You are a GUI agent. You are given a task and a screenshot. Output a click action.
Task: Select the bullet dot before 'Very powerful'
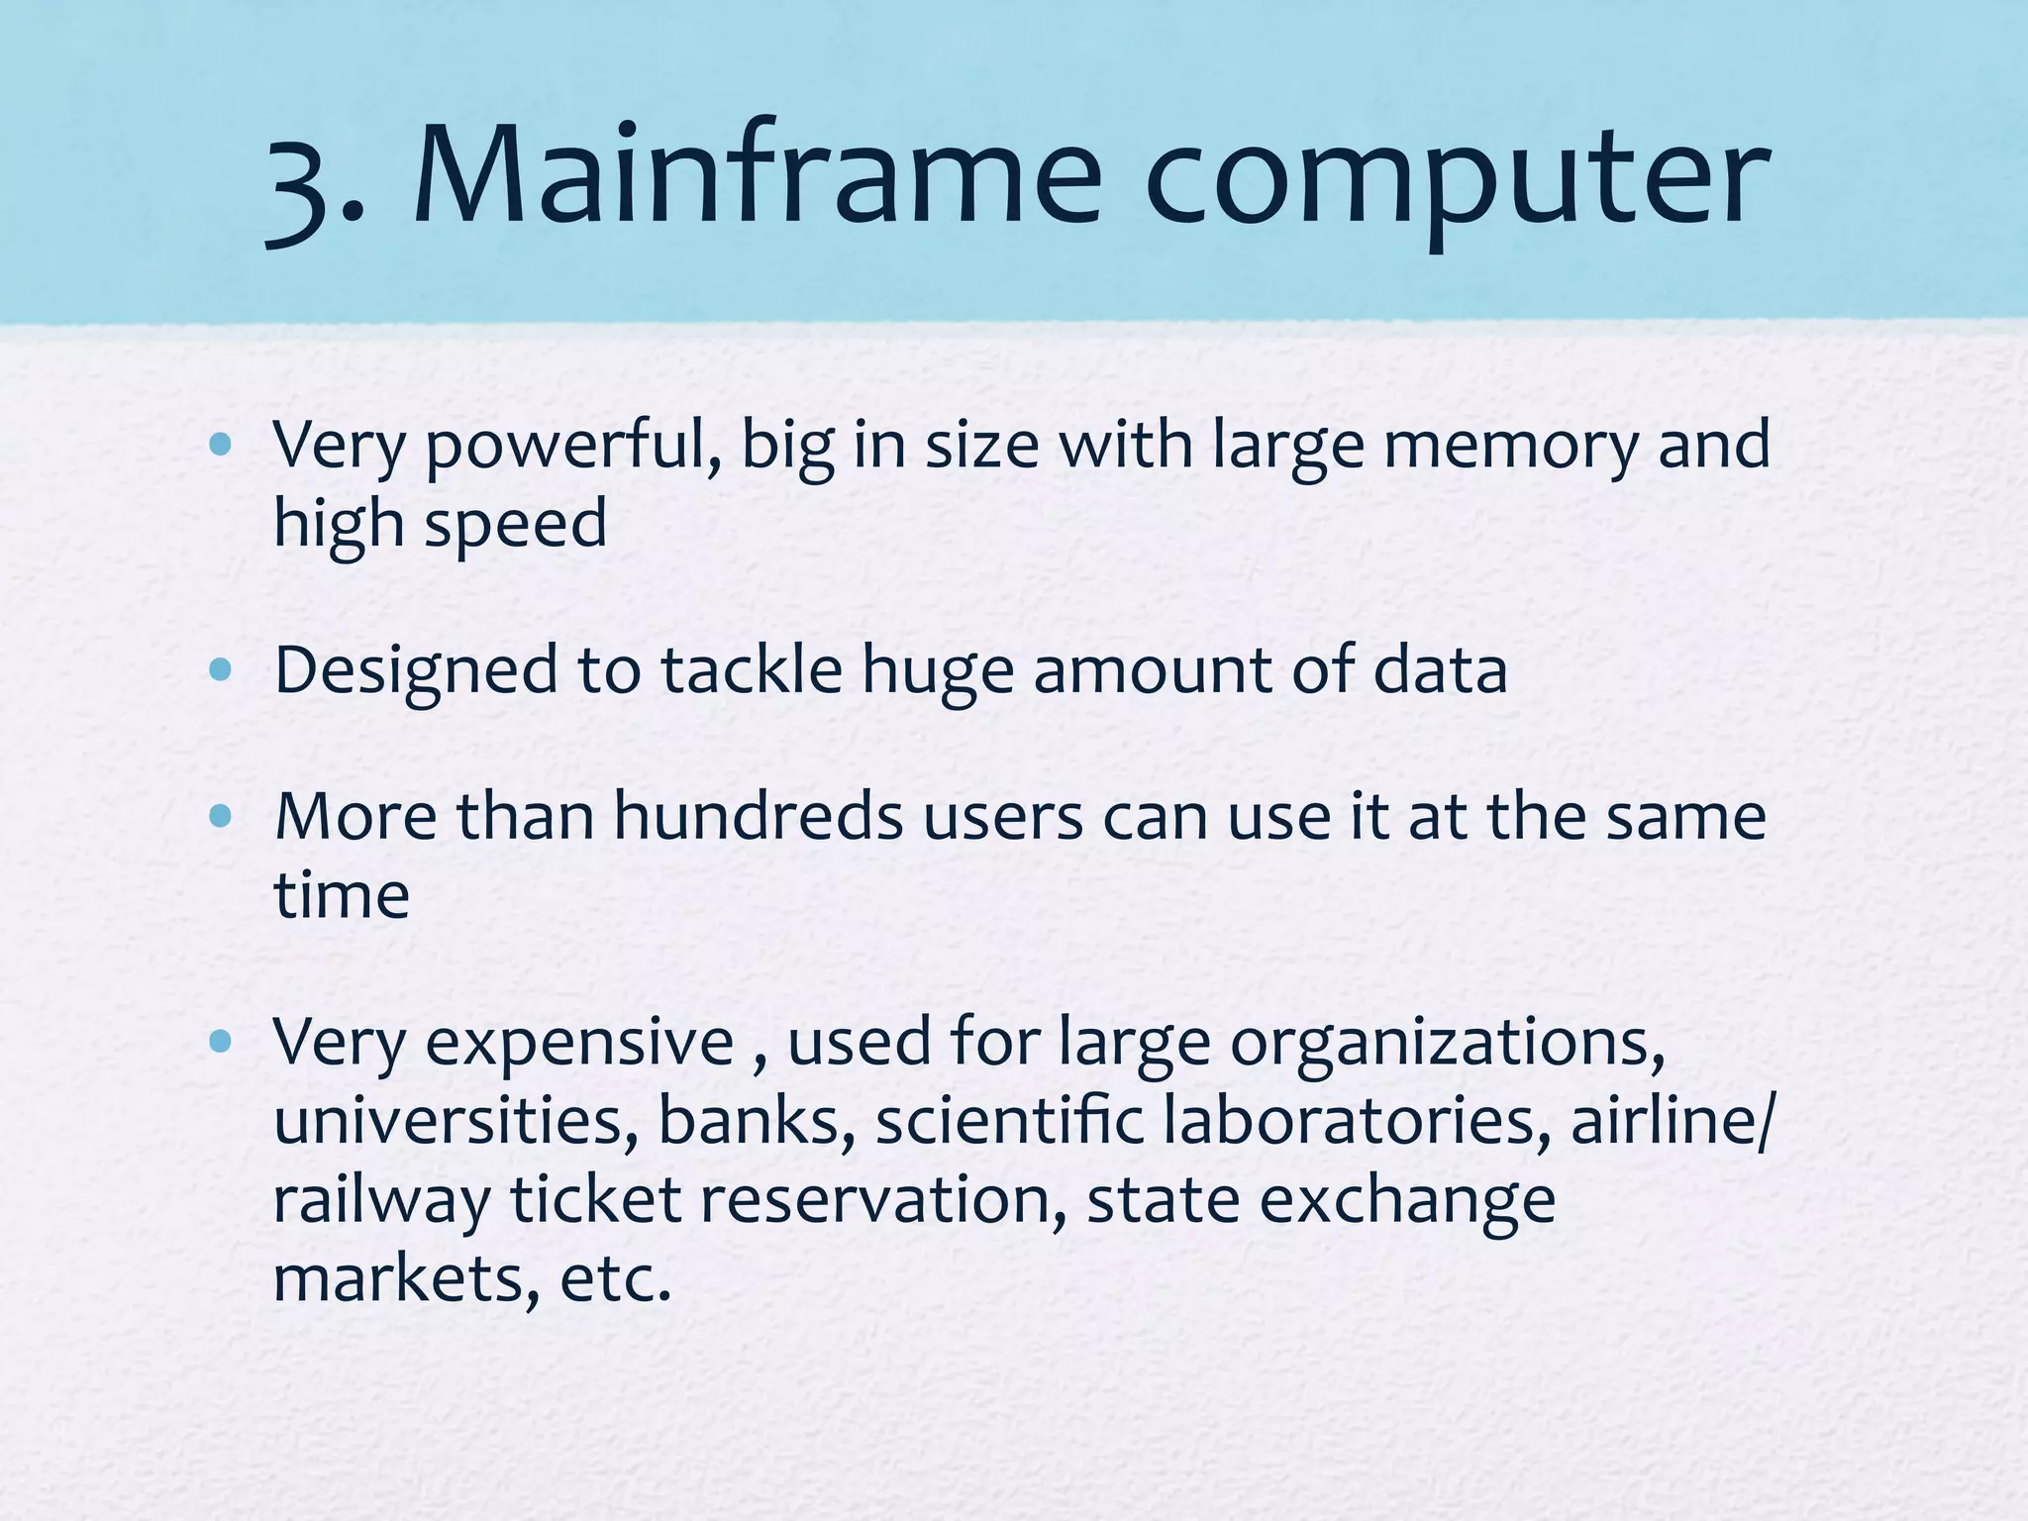click(x=221, y=445)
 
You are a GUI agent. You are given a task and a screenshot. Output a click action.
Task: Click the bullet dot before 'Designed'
click(x=221, y=671)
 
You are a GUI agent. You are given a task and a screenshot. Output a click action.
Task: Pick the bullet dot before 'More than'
click(x=221, y=817)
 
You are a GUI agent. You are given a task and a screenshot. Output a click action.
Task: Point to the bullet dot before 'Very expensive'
click(x=221, y=1042)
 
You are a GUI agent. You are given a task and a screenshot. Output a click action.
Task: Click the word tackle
click(x=752, y=670)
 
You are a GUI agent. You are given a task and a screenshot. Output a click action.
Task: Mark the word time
click(x=341, y=895)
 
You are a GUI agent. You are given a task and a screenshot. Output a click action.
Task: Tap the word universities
click(x=456, y=1121)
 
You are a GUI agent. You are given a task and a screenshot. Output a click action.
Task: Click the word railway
click(x=381, y=1201)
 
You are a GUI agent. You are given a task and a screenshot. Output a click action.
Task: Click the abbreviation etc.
click(x=615, y=1279)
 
